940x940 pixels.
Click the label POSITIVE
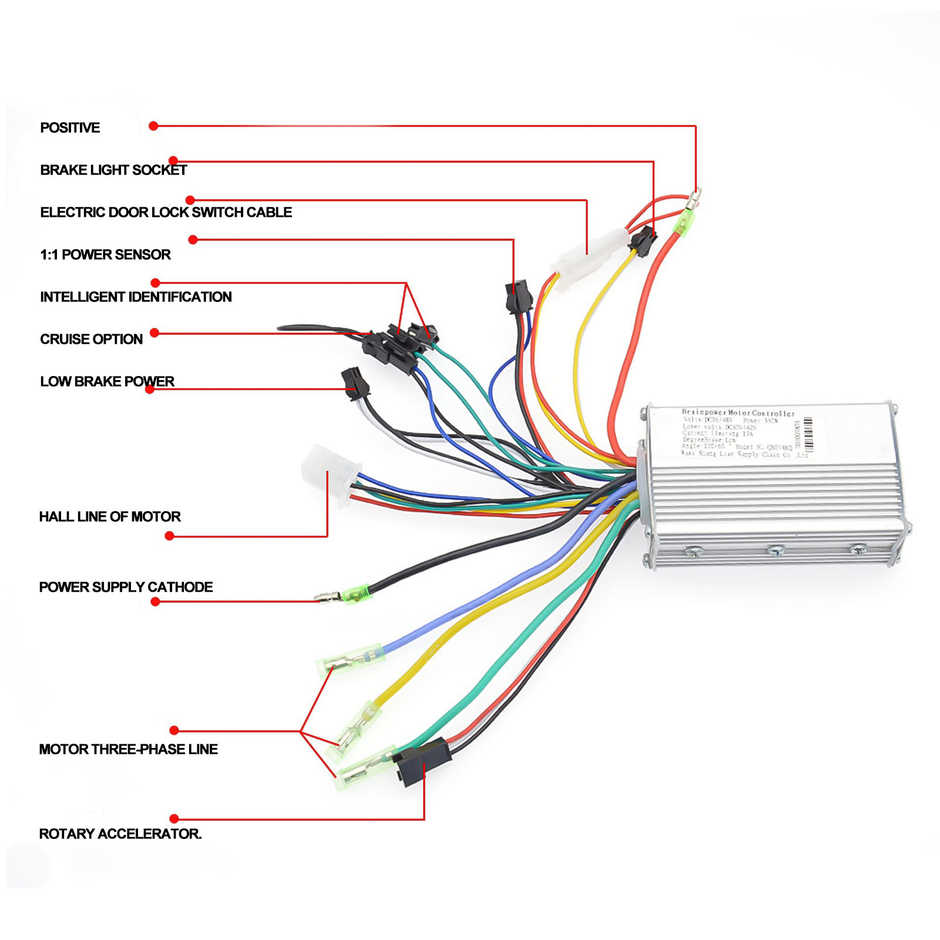click(x=70, y=127)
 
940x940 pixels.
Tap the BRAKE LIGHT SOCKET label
click(x=113, y=170)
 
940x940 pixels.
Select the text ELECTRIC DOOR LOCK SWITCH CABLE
click(x=166, y=212)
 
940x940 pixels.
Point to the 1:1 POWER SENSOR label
click(x=105, y=254)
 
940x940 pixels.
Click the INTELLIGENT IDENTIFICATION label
click(x=136, y=297)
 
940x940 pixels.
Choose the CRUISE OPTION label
click(x=91, y=339)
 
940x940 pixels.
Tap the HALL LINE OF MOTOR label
click(x=110, y=516)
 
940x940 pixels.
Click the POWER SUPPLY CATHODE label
click(x=126, y=587)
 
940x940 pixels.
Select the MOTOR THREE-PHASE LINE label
click(x=128, y=749)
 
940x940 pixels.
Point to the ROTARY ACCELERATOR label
click(x=120, y=834)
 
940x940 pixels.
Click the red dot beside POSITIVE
click(x=153, y=126)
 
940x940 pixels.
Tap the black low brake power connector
click(x=355, y=383)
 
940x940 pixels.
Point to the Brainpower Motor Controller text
click(x=738, y=413)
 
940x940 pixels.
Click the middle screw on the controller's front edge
click(x=775, y=550)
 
